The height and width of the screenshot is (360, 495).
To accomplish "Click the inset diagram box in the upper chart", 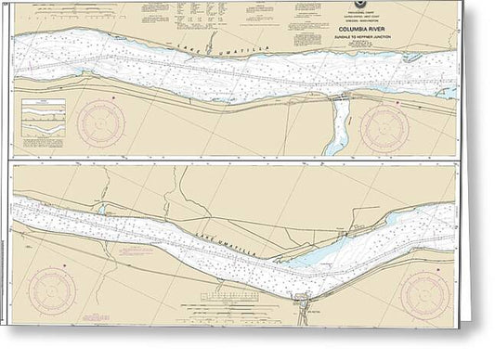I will (43, 110).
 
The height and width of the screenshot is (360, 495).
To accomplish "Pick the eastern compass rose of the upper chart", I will (386, 125).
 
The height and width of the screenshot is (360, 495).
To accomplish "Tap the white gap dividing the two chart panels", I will (232, 159).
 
